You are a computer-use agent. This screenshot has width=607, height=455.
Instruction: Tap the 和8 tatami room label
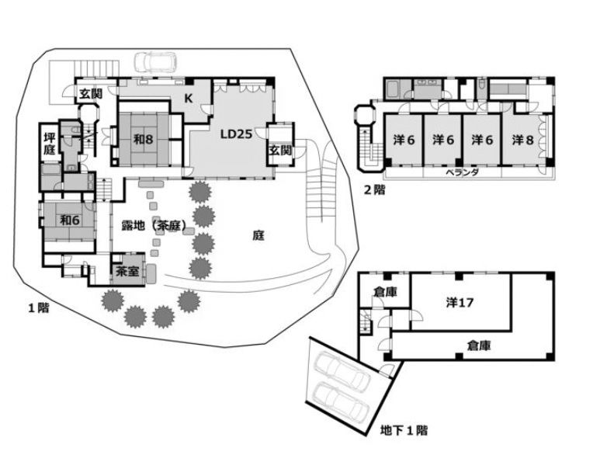[141, 140]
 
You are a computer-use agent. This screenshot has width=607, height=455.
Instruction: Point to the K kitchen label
[189, 98]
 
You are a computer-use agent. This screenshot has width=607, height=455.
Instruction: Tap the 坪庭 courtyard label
[49, 144]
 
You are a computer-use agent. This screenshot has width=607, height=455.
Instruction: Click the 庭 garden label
[259, 235]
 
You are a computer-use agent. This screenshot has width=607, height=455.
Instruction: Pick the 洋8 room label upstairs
[523, 141]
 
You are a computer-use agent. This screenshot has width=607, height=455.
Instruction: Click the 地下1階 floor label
[404, 429]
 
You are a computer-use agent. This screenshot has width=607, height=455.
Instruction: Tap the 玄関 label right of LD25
[280, 150]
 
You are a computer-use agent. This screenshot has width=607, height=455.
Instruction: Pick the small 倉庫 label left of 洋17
[383, 292]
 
